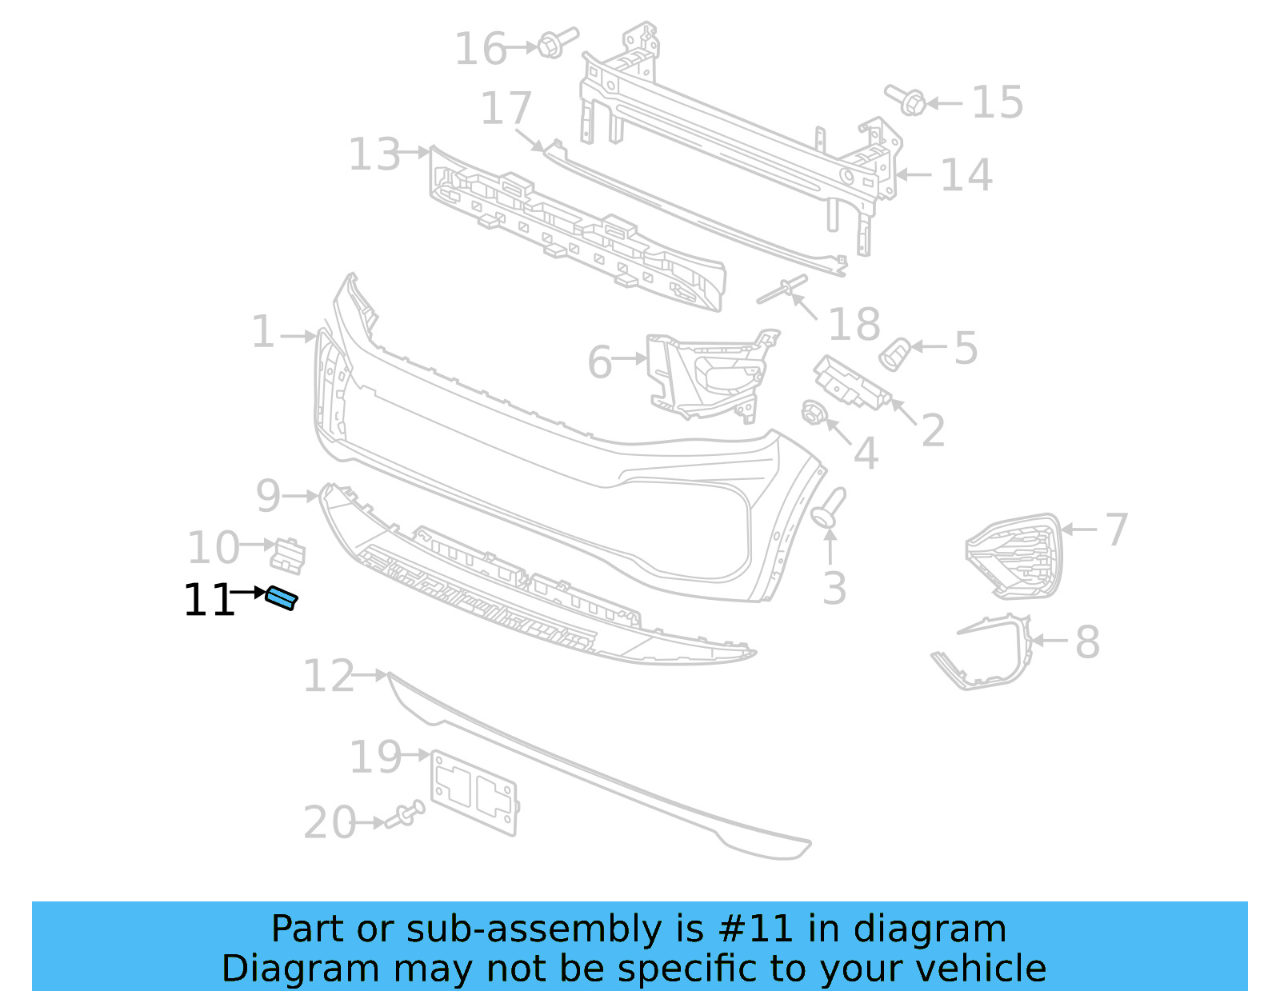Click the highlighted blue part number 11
282,597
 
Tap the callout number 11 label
208,601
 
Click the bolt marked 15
907,100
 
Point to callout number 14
966,175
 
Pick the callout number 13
374,154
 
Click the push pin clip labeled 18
782,290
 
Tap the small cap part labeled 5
894,353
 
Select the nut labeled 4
813,413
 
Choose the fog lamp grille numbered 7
1013,555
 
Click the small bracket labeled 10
288,554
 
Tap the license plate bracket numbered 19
474,793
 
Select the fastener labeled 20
406,815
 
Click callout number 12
328,677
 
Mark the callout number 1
263,332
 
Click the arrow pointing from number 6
630,359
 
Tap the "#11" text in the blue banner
756,929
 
